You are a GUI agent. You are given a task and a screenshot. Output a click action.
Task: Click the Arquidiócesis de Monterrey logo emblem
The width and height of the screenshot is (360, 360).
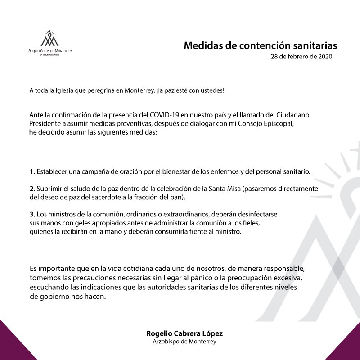50,39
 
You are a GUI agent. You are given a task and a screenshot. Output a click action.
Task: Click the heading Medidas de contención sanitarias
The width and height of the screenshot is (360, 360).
261,46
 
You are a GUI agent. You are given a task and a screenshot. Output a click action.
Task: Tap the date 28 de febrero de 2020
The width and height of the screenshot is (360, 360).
301,58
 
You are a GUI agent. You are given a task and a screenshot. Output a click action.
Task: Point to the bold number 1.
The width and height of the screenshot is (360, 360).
32,172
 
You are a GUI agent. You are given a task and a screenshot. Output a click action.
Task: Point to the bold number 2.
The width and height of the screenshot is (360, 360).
32,189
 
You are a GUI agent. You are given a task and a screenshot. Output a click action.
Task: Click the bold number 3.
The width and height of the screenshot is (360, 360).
32,215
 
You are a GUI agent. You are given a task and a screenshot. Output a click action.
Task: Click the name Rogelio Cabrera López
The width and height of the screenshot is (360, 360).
184,334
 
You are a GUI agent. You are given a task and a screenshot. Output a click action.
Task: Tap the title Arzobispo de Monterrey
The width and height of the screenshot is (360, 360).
184,342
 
